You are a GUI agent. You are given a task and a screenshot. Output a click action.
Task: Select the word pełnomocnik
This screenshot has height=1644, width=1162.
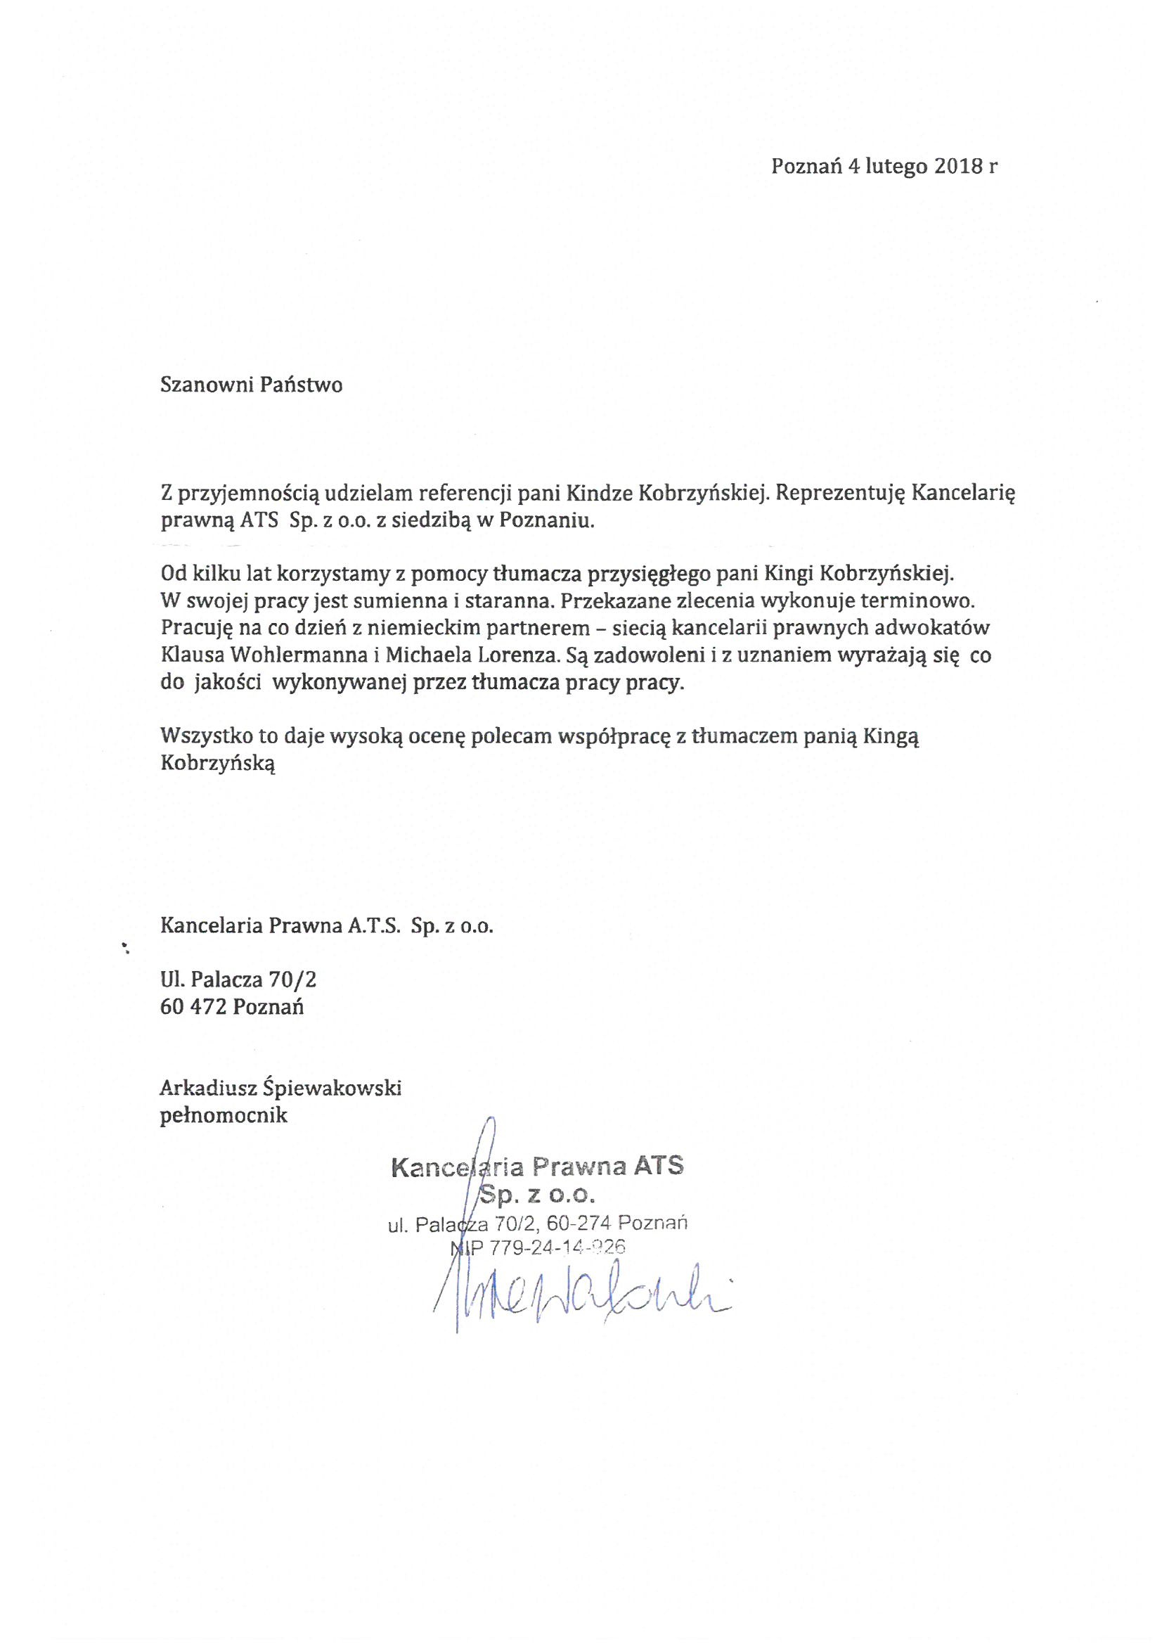click(224, 1115)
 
